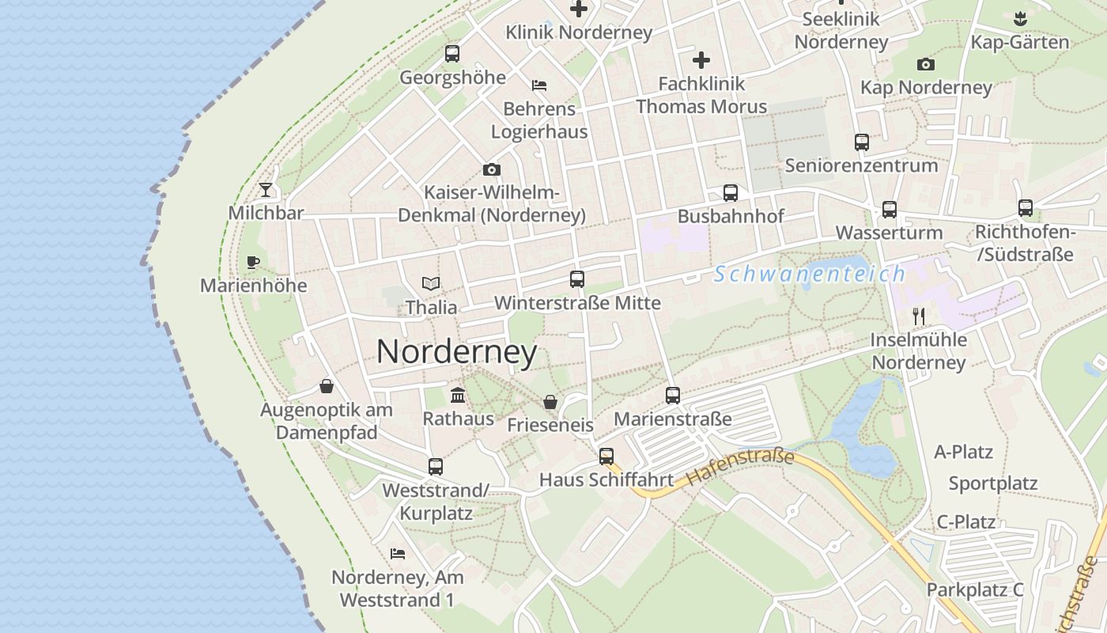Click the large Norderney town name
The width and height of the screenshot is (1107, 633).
click(456, 352)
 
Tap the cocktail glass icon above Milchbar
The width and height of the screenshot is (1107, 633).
click(266, 190)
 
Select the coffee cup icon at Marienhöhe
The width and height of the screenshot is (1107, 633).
click(253, 262)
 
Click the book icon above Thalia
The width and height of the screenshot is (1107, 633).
click(431, 283)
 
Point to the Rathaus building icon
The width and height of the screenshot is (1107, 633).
click(458, 395)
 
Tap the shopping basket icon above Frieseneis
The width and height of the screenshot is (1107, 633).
click(550, 402)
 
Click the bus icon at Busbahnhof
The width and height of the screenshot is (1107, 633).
click(731, 193)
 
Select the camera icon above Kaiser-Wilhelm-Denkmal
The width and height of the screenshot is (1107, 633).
click(492, 170)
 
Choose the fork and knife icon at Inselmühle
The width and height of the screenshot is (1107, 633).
click(919, 316)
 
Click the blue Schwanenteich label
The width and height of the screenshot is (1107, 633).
click(810, 275)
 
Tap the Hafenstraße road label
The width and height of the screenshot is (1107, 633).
click(740, 467)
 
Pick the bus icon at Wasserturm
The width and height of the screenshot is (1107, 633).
click(890, 210)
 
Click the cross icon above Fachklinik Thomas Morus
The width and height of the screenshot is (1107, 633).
click(701, 59)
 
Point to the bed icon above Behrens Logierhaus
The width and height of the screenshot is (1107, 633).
click(539, 85)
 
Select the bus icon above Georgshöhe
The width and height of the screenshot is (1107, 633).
click(452, 54)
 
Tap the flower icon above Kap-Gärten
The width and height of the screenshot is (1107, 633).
click(1020, 18)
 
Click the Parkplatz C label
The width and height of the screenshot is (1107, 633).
click(975, 589)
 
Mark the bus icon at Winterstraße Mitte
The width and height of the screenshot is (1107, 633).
click(577, 279)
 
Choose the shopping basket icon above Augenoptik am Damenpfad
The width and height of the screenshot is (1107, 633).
click(327, 387)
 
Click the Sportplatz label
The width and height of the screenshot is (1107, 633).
click(993, 483)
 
